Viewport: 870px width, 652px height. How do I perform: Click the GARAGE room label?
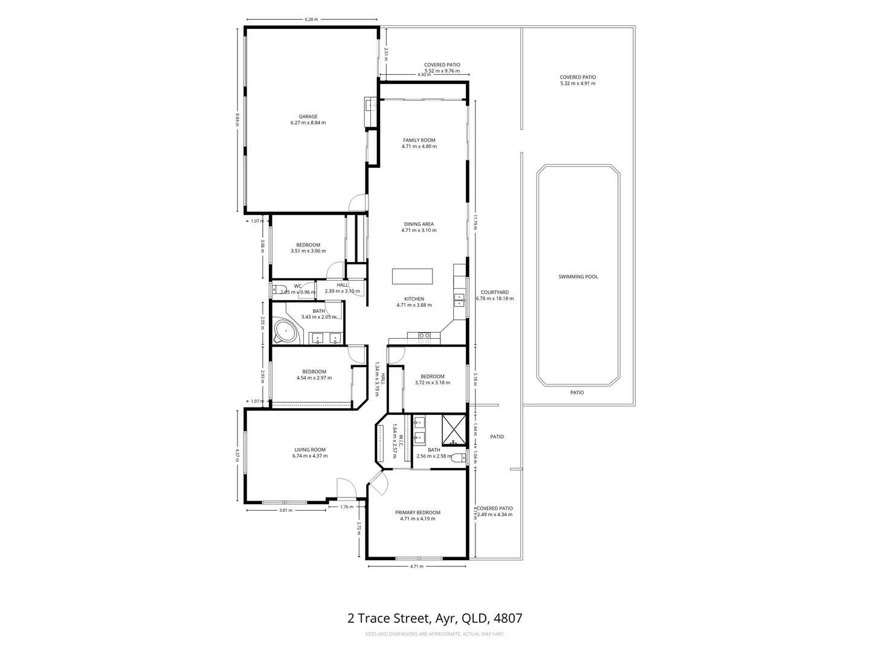(x=308, y=117)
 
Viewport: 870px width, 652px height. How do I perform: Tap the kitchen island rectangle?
(x=413, y=276)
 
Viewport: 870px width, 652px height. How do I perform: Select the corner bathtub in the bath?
(x=285, y=331)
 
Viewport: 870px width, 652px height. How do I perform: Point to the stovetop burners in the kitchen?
(x=424, y=339)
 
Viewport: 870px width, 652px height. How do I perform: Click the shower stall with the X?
(x=454, y=429)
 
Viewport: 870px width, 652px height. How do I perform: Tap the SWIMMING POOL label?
(x=578, y=276)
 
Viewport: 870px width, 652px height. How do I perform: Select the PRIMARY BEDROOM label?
(x=417, y=513)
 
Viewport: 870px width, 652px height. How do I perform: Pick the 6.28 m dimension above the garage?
(x=311, y=19)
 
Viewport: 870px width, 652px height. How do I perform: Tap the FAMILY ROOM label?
(x=419, y=140)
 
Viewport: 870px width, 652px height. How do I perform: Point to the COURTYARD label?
(x=494, y=292)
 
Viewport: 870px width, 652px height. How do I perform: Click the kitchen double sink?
(x=459, y=300)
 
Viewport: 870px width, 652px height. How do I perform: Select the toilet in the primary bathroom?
(x=461, y=458)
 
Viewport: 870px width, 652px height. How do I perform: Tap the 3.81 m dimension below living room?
(x=286, y=510)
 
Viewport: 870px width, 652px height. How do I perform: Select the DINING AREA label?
(x=419, y=224)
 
